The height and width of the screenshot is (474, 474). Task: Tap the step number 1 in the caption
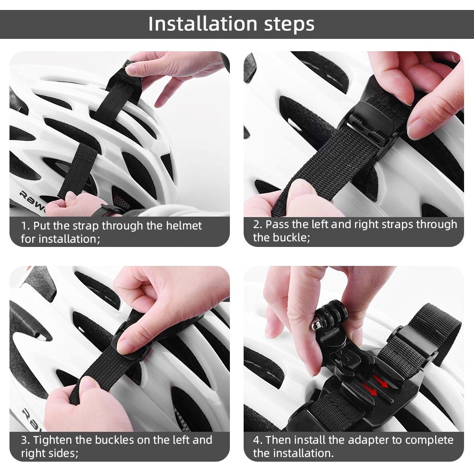coord(23,226)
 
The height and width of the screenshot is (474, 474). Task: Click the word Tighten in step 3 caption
coord(51,440)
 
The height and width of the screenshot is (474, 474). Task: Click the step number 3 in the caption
coord(24,440)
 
